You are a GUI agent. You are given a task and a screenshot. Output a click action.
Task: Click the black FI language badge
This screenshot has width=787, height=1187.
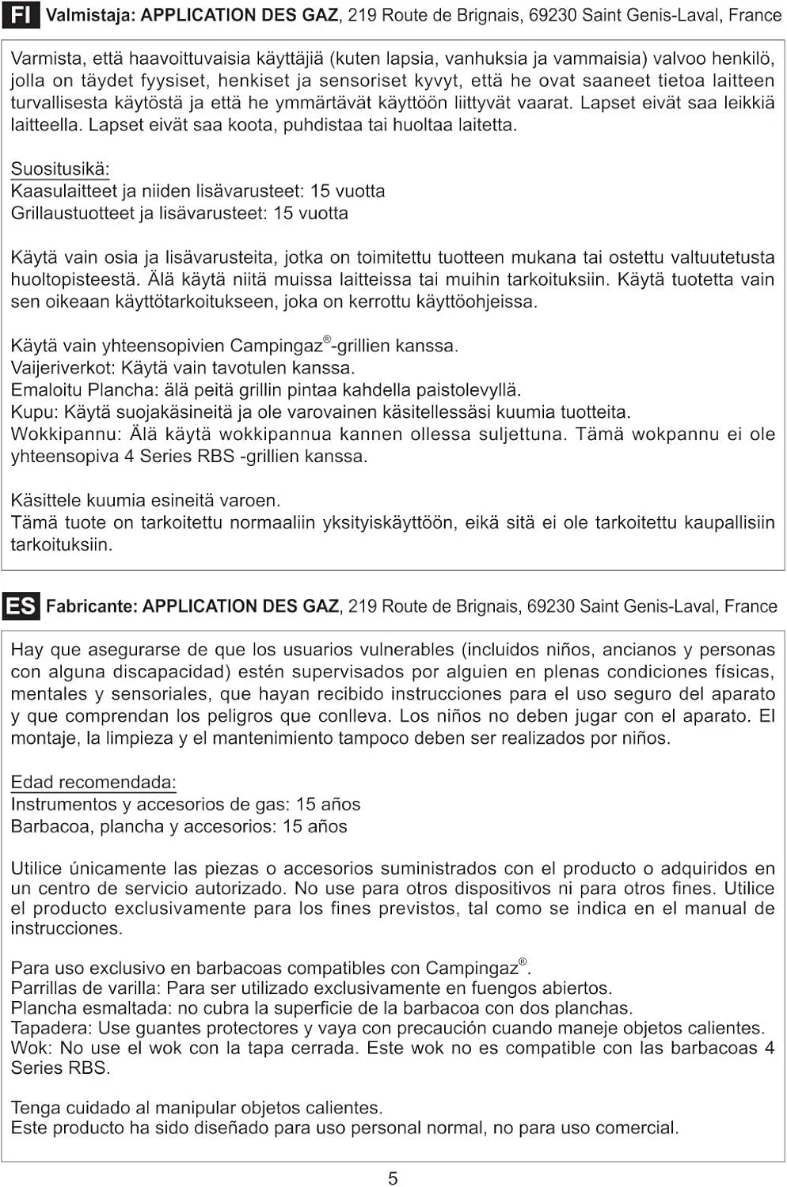(21, 15)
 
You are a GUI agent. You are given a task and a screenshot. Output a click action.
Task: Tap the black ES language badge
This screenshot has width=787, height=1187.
(21, 606)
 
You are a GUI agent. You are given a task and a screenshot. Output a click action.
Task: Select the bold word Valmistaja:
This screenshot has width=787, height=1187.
(90, 15)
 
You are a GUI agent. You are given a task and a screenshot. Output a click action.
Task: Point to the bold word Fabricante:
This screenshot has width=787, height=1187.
(92, 606)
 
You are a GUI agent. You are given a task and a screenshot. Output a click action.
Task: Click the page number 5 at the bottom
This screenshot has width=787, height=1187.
(393, 1178)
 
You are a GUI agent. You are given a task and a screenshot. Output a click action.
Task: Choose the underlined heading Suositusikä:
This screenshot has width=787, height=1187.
(60, 169)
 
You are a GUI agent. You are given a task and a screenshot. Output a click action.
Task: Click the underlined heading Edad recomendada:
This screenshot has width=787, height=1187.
(93, 782)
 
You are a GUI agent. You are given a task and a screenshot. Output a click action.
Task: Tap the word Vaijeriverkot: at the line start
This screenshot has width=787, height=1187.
(63, 368)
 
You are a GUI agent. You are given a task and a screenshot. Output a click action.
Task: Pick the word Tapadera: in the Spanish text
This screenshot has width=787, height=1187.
(51, 1028)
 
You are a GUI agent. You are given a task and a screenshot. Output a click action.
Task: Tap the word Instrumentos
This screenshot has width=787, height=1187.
(63, 804)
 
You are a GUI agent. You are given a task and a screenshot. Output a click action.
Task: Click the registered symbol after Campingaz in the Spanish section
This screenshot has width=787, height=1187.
(523, 962)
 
